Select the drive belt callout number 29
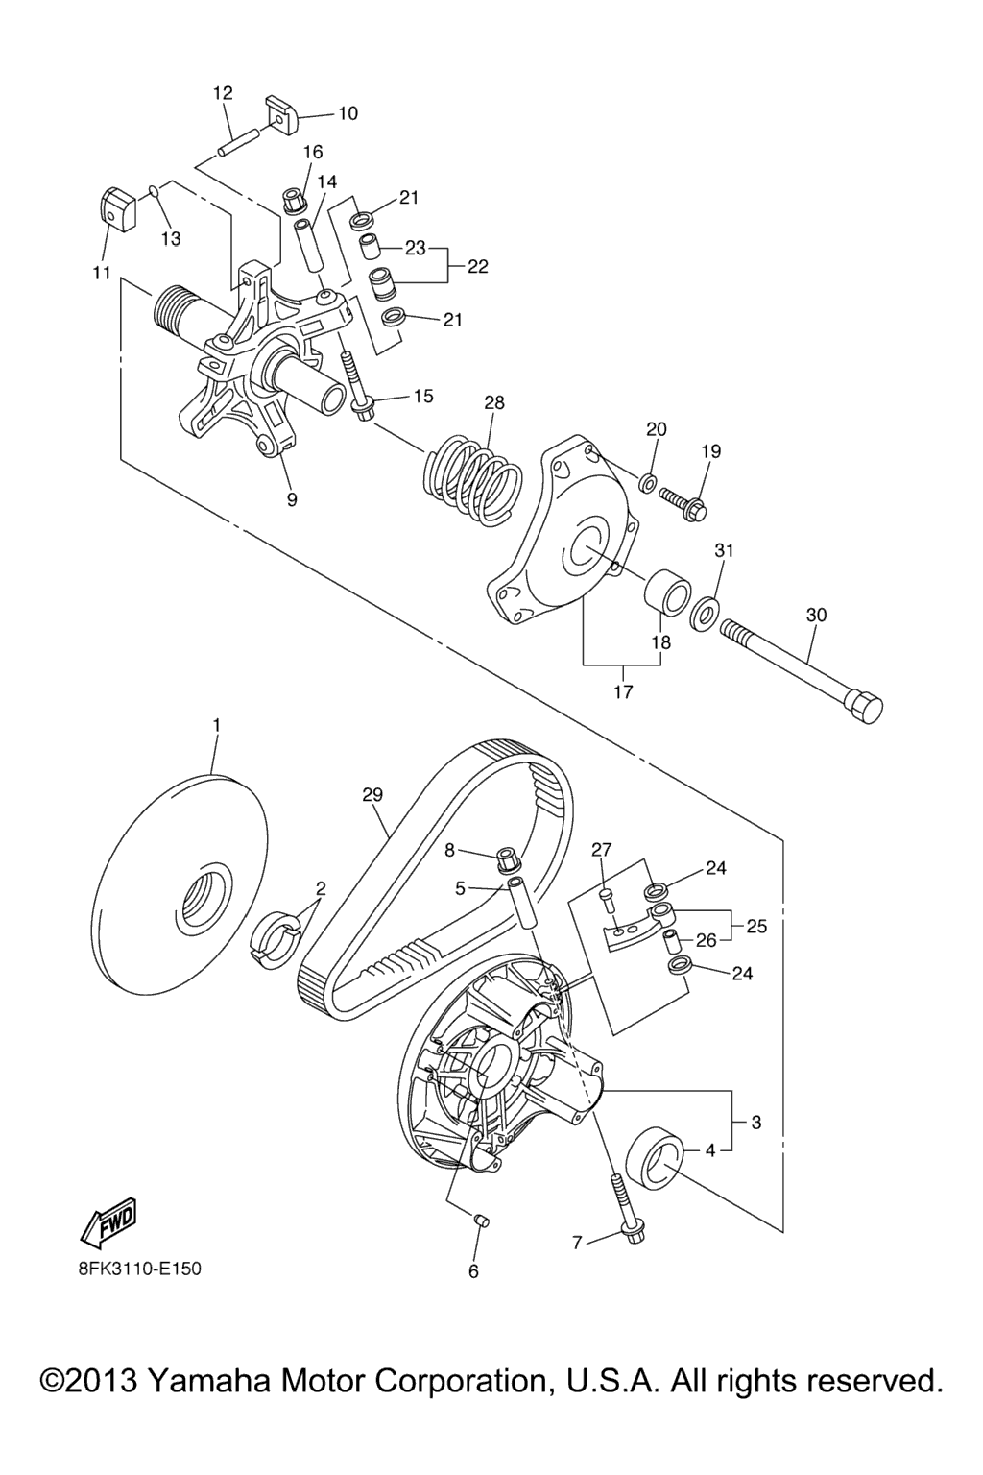click(x=372, y=795)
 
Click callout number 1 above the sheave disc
click(x=216, y=726)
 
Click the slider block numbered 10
click(x=282, y=115)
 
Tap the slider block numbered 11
click(x=118, y=208)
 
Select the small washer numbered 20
click(x=647, y=483)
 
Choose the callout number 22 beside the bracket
click(x=477, y=266)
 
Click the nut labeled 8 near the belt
click(x=511, y=859)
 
